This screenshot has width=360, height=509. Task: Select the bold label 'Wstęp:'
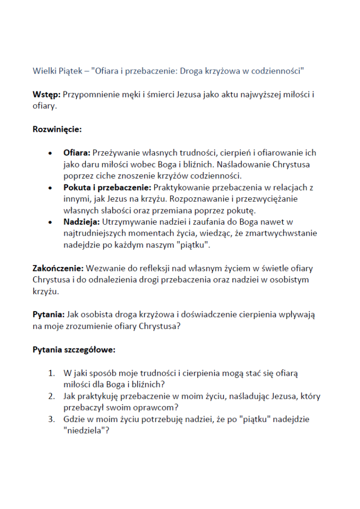(46, 94)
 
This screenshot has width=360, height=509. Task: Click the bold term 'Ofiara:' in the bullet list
(77, 153)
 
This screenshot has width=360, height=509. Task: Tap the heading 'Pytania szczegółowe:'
(74, 349)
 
